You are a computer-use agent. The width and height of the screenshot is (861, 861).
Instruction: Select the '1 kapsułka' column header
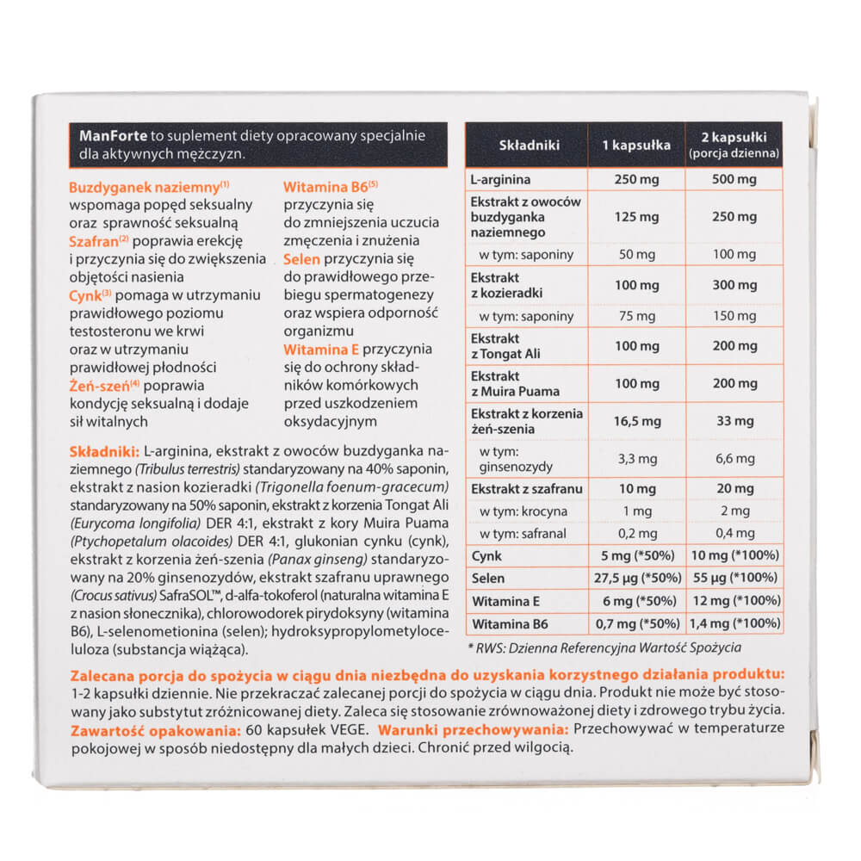point(636,145)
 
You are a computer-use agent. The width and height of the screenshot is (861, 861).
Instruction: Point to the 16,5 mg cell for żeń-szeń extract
point(636,421)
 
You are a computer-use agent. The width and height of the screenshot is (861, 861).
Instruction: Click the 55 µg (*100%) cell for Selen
point(734,576)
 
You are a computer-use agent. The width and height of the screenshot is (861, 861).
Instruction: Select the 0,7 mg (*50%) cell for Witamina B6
point(636,622)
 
